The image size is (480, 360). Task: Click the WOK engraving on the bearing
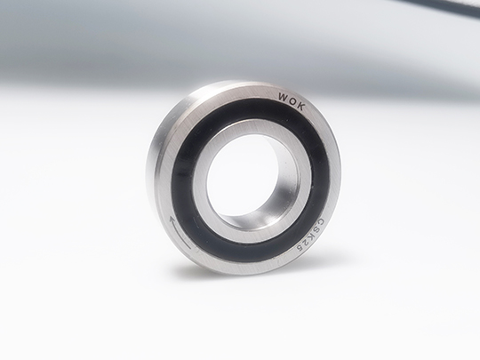click(292, 100)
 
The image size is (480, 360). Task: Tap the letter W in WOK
click(283, 96)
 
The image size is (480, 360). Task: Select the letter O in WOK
click(292, 100)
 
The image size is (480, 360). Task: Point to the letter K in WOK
click(301, 107)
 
